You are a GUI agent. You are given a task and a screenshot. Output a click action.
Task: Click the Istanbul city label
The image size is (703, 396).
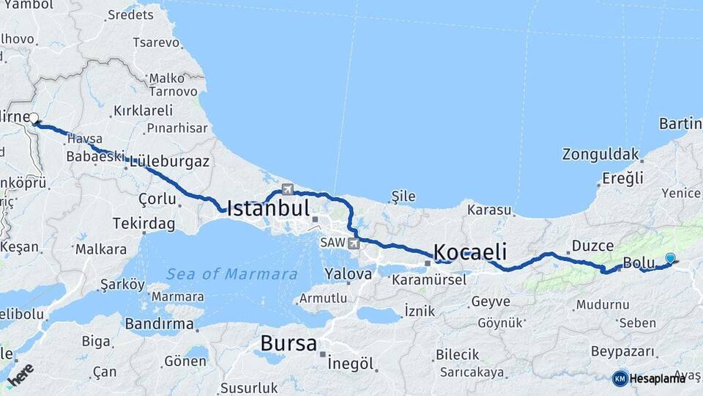tap(268, 208)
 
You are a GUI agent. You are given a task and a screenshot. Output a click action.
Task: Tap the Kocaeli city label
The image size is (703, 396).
tap(470, 252)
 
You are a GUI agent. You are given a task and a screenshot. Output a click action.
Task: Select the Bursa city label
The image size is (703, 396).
tap(289, 343)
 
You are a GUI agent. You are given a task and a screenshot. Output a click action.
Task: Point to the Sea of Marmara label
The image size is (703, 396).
tap(231, 274)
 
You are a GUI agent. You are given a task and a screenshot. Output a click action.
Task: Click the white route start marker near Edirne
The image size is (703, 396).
tap(34, 118)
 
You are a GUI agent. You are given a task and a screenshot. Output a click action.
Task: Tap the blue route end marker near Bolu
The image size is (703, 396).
tap(670, 258)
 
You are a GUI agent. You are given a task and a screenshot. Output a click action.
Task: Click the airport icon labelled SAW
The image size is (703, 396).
tap(354, 243)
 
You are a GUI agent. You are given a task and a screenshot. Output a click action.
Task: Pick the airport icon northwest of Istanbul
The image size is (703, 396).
tap(287, 188)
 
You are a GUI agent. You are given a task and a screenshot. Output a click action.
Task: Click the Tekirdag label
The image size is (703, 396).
tap(144, 223)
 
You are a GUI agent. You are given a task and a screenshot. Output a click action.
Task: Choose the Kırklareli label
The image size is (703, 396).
tap(143, 111)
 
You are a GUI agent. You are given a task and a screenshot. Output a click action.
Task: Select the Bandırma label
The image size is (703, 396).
tap(160, 323)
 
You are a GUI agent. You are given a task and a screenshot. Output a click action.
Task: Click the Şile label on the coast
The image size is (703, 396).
tap(403, 196)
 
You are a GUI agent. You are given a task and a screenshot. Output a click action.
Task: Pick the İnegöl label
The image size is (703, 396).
tap(351, 364)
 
